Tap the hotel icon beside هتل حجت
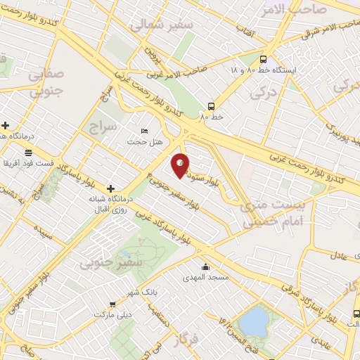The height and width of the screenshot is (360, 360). (x=145, y=131)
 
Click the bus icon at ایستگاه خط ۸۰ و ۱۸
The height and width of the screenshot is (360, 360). (x=263, y=60)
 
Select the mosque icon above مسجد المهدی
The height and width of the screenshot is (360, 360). (x=205, y=267)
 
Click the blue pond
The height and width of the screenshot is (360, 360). (x=252, y=323)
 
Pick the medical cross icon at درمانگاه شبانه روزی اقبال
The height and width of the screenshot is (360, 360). (x=110, y=188)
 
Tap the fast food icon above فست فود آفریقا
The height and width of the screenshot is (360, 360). (x=27, y=152)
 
